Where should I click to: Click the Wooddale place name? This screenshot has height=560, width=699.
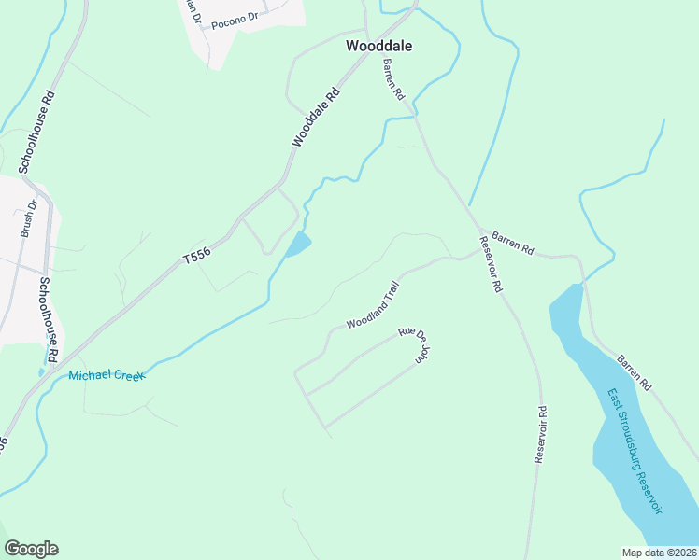pos(378,45)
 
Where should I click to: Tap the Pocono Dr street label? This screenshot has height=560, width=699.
pos(234,21)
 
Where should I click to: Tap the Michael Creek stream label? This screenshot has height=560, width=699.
pos(107,375)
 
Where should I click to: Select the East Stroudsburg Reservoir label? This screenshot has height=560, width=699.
pos(635,451)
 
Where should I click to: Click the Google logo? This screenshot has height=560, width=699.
pos(31,549)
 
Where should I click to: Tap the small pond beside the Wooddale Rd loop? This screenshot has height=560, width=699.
pos(297,245)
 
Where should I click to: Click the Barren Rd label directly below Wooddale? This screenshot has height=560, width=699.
pos(392,80)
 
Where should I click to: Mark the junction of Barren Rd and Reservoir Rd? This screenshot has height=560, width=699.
pos(480,231)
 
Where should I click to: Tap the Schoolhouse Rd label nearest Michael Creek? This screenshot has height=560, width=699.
pos(49,320)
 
